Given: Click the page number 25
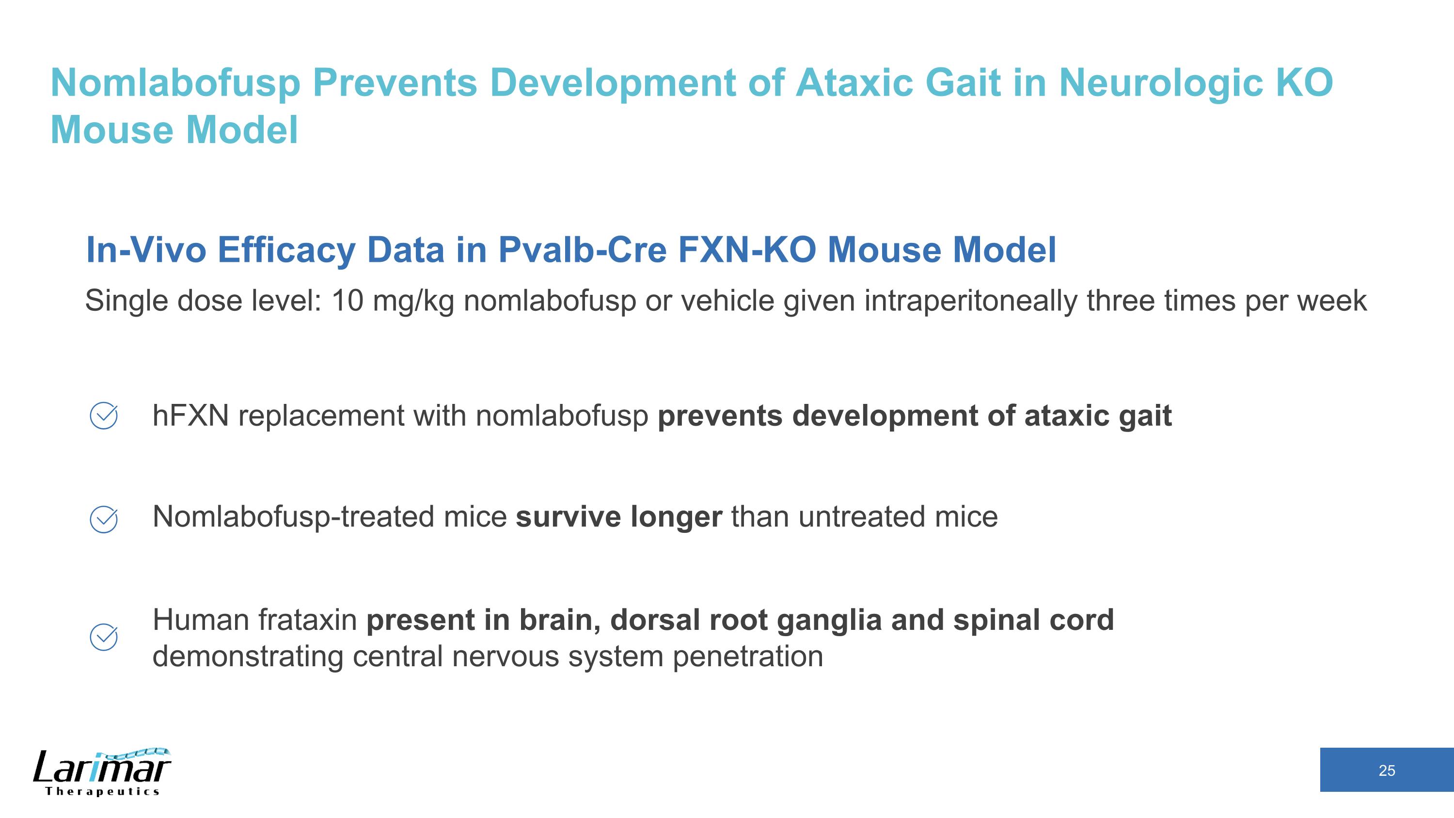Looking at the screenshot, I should [x=1386, y=770].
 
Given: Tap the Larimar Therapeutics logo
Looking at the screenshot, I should [x=102, y=772].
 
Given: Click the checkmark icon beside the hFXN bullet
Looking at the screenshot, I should [x=104, y=416].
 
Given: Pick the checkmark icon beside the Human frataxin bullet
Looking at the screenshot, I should [x=104, y=637].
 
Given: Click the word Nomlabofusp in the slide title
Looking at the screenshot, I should [x=175, y=83].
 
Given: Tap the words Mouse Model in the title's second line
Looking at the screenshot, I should [x=174, y=130].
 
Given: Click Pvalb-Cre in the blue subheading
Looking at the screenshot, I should [x=582, y=250].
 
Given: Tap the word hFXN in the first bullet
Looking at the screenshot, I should [x=190, y=416].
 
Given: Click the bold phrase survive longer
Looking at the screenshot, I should [x=618, y=517].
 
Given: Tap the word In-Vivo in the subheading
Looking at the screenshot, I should [x=145, y=250].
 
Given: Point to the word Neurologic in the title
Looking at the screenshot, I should [x=1160, y=83].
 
